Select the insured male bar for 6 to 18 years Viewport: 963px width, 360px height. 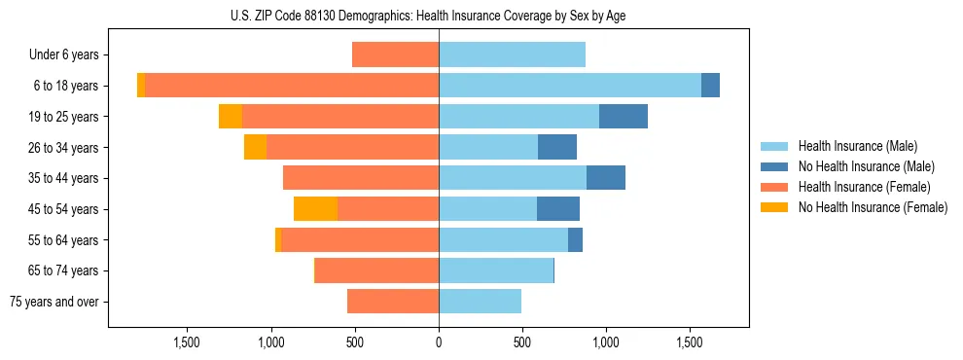[569, 86]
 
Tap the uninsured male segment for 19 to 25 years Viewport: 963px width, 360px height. [623, 117]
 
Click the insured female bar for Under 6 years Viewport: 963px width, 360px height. [395, 54]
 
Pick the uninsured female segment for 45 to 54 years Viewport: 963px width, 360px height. [315, 209]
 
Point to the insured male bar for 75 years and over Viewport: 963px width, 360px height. [480, 302]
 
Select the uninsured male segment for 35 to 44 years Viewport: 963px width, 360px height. [605, 178]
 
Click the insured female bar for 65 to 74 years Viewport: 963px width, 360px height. [376, 270]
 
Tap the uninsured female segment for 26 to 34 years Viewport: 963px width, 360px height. [255, 147]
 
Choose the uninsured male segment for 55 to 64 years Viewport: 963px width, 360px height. [575, 239]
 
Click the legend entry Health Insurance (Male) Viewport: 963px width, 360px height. [857, 146]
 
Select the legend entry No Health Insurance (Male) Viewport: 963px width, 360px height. [866, 166]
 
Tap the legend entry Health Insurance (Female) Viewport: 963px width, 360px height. [864, 187]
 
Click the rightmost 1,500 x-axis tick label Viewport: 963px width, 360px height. [690, 342]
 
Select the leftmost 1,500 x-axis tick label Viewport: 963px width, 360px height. [187, 342]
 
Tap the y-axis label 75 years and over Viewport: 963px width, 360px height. [53, 302]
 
